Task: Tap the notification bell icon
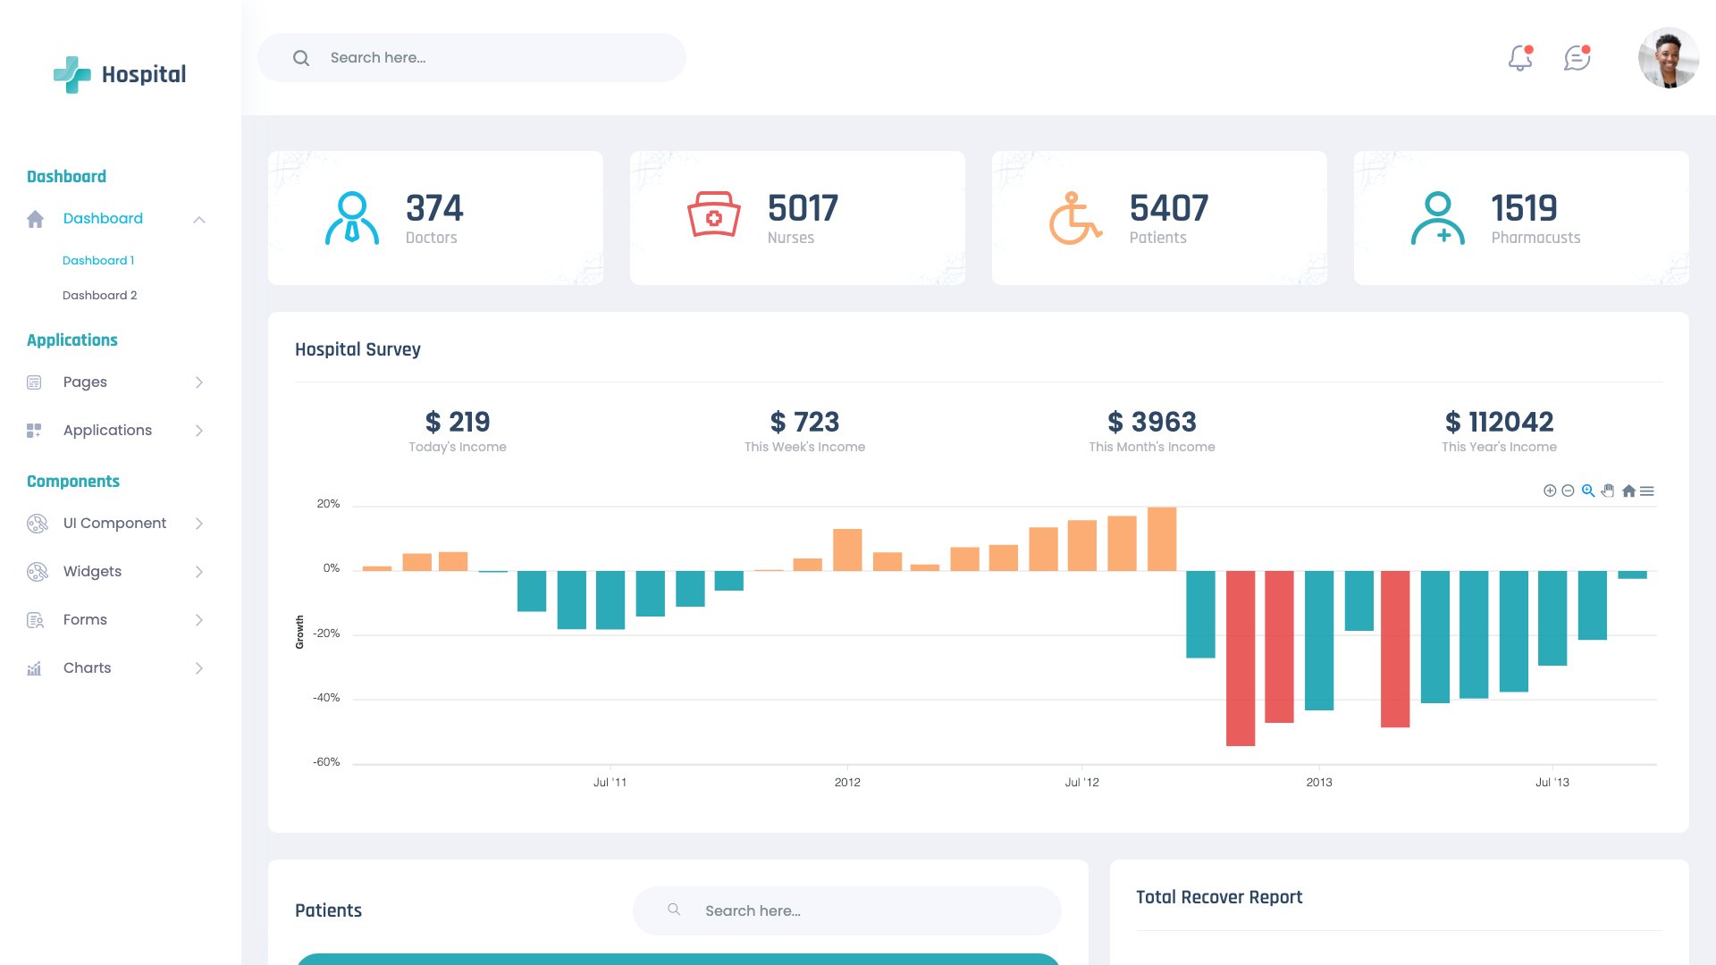click(x=1519, y=59)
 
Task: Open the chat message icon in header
click(x=1577, y=59)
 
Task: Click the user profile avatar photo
click(x=1668, y=58)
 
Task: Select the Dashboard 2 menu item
click(x=99, y=296)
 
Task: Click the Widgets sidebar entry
click(x=92, y=572)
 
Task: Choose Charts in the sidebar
click(x=87, y=668)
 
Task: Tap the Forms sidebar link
click(x=85, y=620)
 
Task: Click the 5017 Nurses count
click(x=802, y=209)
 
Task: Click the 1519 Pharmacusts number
click(x=1524, y=209)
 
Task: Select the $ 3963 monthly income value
click(x=1151, y=422)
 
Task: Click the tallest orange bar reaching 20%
click(x=1161, y=539)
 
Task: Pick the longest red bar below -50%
click(x=1240, y=658)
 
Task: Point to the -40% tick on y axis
click(x=326, y=698)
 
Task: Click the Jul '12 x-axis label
click(x=1081, y=783)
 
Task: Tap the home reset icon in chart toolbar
click(x=1628, y=491)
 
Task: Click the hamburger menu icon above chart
click(x=1647, y=491)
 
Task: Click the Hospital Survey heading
click(x=357, y=349)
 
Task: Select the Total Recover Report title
click(x=1218, y=897)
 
